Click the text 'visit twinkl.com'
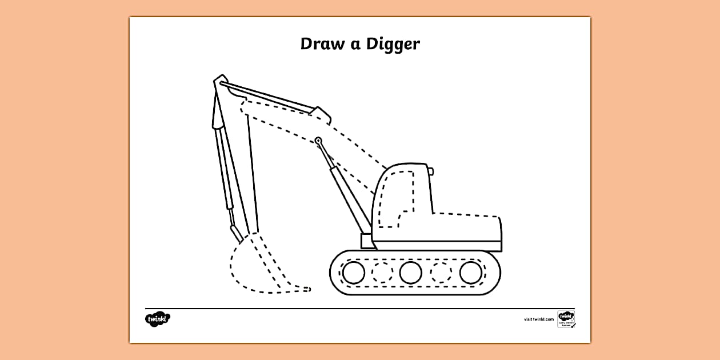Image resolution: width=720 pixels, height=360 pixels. [x=539, y=319]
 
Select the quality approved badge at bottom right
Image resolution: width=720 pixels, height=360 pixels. [x=566, y=319]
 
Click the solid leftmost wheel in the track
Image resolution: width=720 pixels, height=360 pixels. [x=354, y=273]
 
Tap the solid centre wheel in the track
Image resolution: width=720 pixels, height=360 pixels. [x=411, y=273]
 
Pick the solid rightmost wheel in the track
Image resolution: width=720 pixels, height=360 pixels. [x=470, y=273]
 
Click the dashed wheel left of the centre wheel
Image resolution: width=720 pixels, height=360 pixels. [x=382, y=273]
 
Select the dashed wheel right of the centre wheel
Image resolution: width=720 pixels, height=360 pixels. [x=441, y=273]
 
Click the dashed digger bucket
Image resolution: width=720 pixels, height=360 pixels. [x=257, y=266]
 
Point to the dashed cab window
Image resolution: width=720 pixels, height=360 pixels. [x=397, y=197]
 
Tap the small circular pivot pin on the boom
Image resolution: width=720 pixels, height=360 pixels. [x=318, y=141]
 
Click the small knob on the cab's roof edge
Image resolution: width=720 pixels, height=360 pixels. [x=431, y=170]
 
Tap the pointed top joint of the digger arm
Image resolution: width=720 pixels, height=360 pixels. [x=220, y=80]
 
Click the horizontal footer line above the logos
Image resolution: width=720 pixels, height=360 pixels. [x=360, y=309]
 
